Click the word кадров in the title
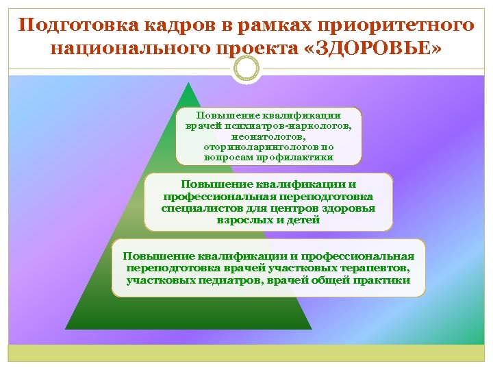point(174,25)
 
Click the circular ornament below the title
point(246,69)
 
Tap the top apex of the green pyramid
point(185,83)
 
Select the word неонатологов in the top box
point(267,136)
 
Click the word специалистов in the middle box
point(199,208)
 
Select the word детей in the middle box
point(304,221)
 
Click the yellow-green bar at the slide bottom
point(246,353)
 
